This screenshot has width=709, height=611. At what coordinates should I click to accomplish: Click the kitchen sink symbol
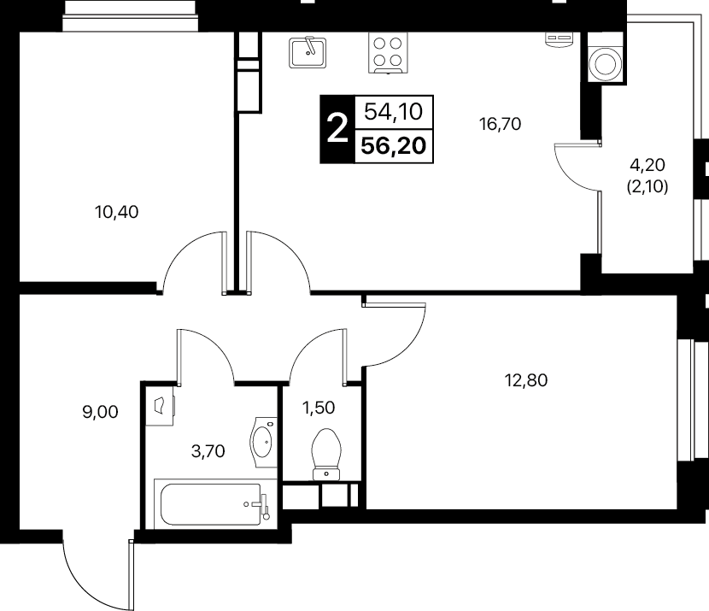click(x=308, y=52)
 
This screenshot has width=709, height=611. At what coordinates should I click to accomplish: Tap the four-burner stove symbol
click(x=388, y=52)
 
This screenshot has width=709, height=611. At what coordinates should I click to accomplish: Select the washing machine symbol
click(x=605, y=64)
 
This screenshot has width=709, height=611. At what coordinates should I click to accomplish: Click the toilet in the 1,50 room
click(x=326, y=454)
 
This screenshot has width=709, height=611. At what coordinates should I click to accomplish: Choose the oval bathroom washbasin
click(x=263, y=442)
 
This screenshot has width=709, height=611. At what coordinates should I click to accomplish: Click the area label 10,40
click(x=117, y=212)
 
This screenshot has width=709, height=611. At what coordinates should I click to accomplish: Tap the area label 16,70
click(x=500, y=123)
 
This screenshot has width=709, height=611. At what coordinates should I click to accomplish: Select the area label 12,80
click(x=526, y=380)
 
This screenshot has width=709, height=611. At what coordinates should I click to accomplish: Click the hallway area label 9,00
click(x=101, y=412)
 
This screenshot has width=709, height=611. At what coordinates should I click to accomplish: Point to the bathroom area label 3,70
click(x=208, y=451)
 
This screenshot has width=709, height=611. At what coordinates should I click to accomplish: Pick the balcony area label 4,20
click(x=647, y=165)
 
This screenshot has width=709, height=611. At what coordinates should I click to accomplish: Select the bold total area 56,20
click(x=394, y=145)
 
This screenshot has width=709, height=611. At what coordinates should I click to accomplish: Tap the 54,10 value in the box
click(x=394, y=111)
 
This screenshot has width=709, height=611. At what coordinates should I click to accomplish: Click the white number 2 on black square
click(x=337, y=129)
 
